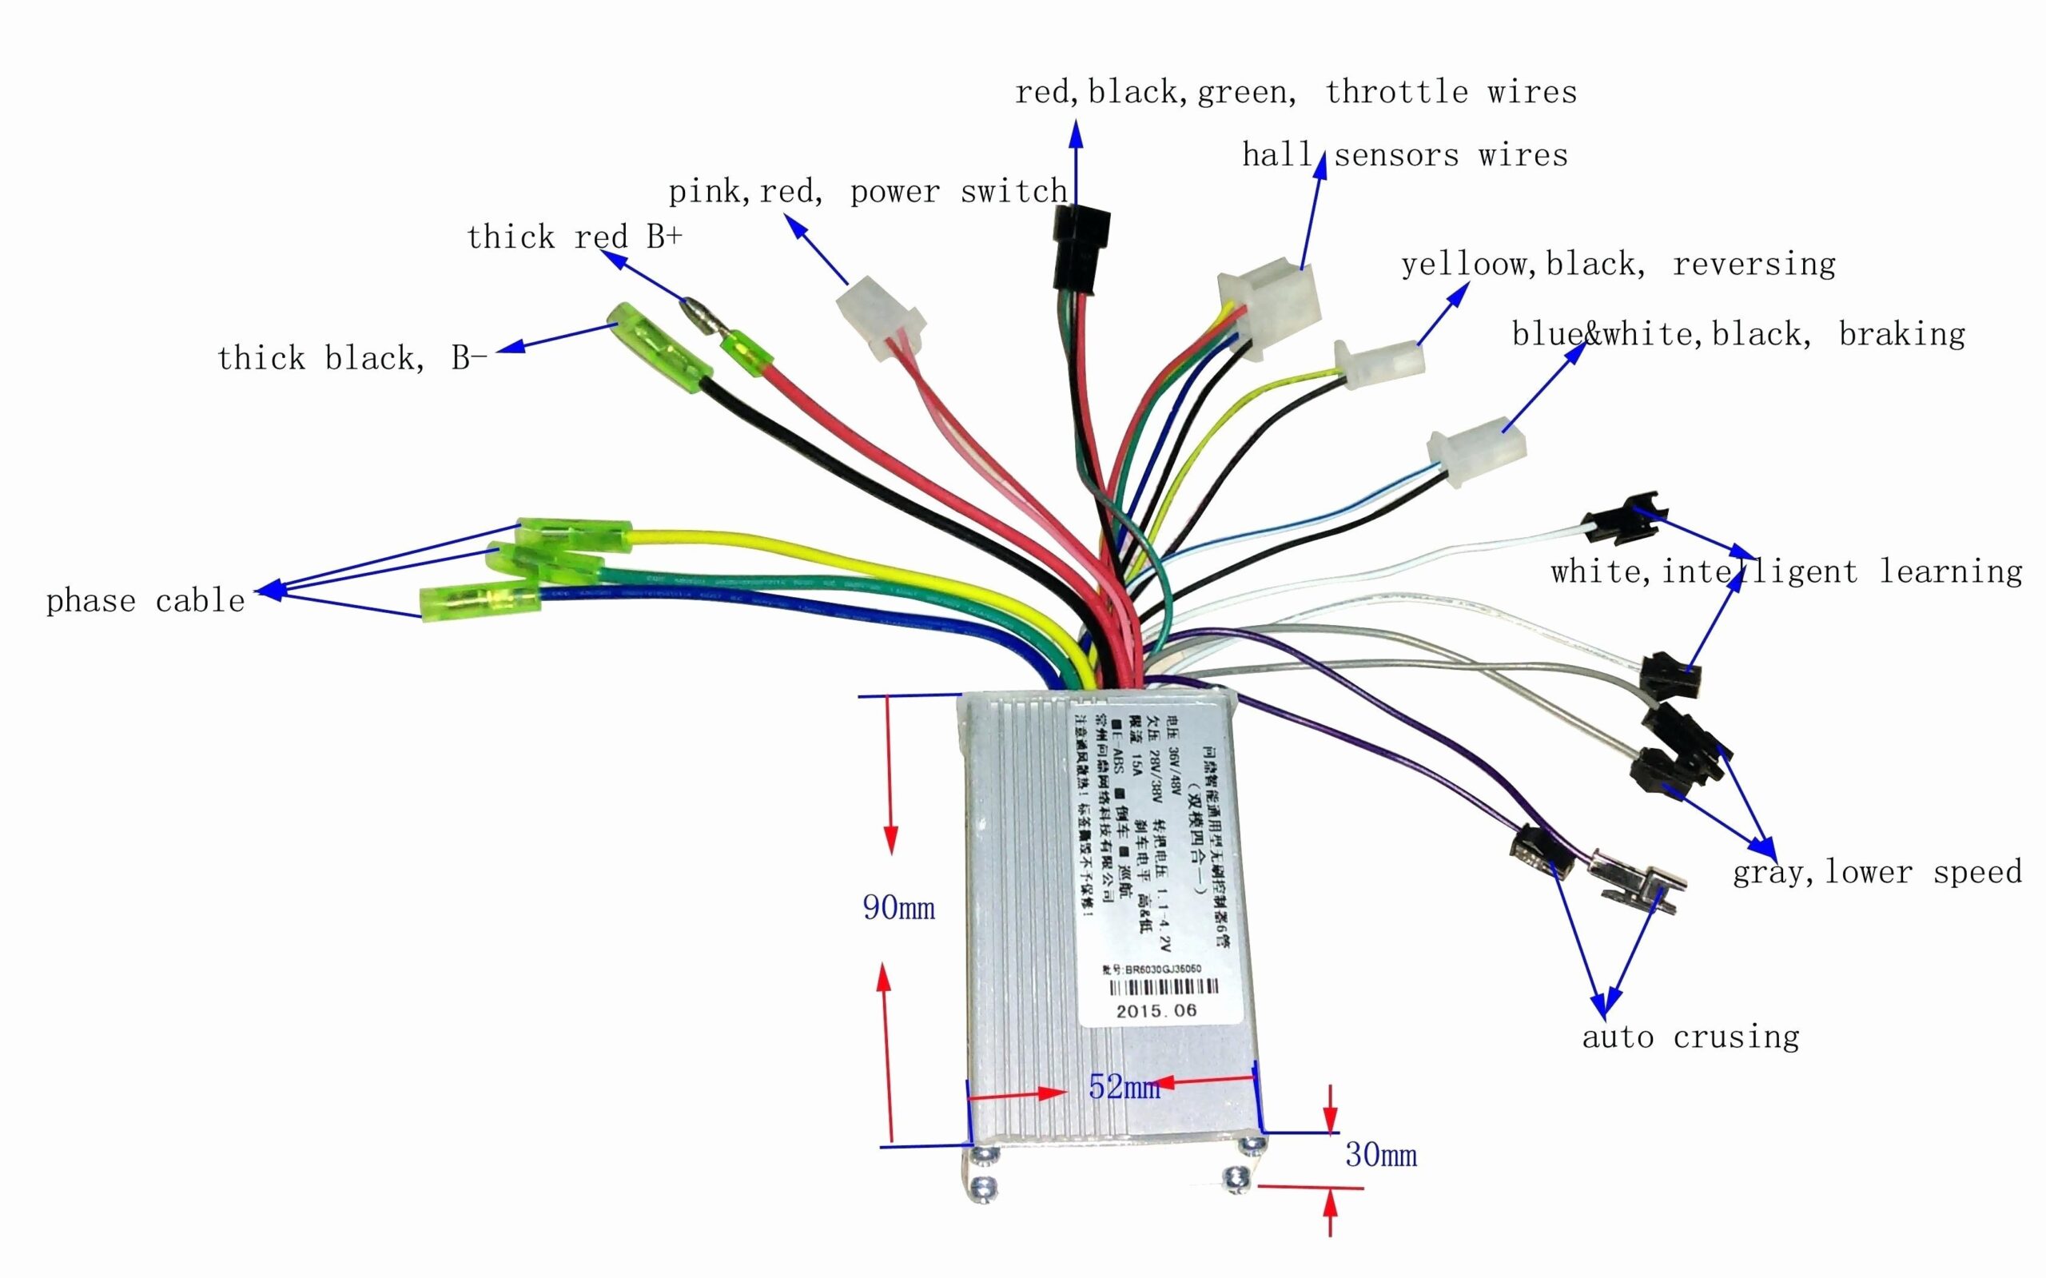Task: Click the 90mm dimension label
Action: coord(898,908)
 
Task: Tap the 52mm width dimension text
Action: coord(1123,1086)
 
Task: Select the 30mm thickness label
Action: coord(1381,1155)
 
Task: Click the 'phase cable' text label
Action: coord(145,601)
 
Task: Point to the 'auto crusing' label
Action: coord(1690,1037)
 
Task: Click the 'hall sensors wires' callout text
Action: coord(1404,155)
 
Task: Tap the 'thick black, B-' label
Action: coord(352,357)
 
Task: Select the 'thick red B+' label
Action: coord(574,237)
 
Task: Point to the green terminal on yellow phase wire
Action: coord(574,535)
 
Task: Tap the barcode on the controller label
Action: coord(1162,987)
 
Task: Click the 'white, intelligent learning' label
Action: coord(1785,572)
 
